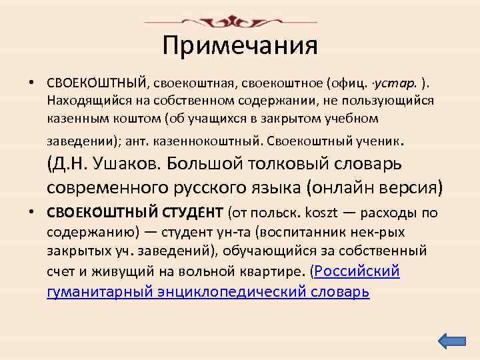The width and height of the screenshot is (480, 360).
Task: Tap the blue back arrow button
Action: point(453,341)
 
